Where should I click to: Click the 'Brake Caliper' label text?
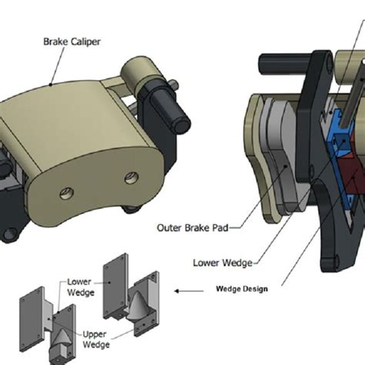(x=72, y=42)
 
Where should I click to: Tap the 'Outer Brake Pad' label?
(x=193, y=228)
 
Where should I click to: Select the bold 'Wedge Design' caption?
(x=242, y=289)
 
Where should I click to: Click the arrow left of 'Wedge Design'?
(x=189, y=291)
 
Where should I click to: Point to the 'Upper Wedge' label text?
(x=96, y=339)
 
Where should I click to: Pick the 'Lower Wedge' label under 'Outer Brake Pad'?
(x=223, y=263)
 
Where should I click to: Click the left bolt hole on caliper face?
(x=67, y=193)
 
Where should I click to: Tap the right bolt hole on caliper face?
(x=132, y=178)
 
